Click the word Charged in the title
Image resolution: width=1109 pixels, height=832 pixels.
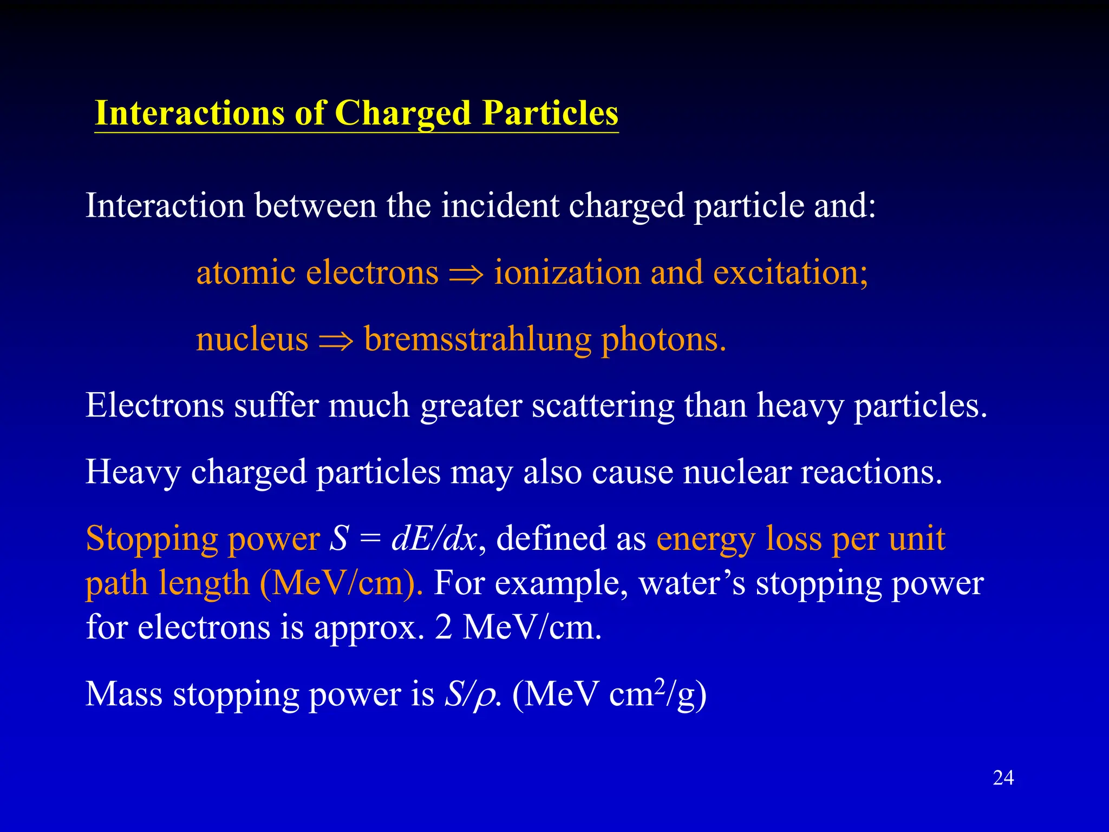[402, 114]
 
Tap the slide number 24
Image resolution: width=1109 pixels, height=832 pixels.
[1003, 778]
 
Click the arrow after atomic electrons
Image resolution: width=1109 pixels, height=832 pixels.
[466, 274]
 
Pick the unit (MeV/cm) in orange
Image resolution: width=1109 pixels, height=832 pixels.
[342, 583]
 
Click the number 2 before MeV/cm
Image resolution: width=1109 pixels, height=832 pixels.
[443, 628]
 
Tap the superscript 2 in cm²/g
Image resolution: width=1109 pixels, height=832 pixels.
[659, 685]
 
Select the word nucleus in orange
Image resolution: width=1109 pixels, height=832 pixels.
[252, 340]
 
